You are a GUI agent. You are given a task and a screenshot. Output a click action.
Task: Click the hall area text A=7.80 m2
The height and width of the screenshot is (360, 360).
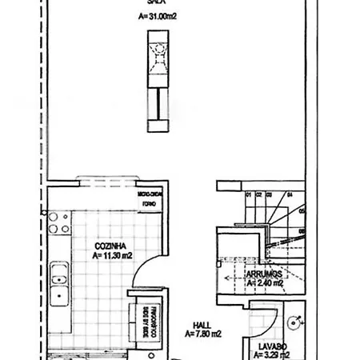point(203,333)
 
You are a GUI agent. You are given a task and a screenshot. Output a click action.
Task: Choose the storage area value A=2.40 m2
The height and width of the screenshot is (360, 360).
point(265,282)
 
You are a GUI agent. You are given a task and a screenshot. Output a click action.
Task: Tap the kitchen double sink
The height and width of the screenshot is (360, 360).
point(58,286)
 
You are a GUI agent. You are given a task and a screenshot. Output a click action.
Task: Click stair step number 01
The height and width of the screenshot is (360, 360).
point(248,194)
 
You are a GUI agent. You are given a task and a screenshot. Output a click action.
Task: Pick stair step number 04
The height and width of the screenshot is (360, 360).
point(290,194)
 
